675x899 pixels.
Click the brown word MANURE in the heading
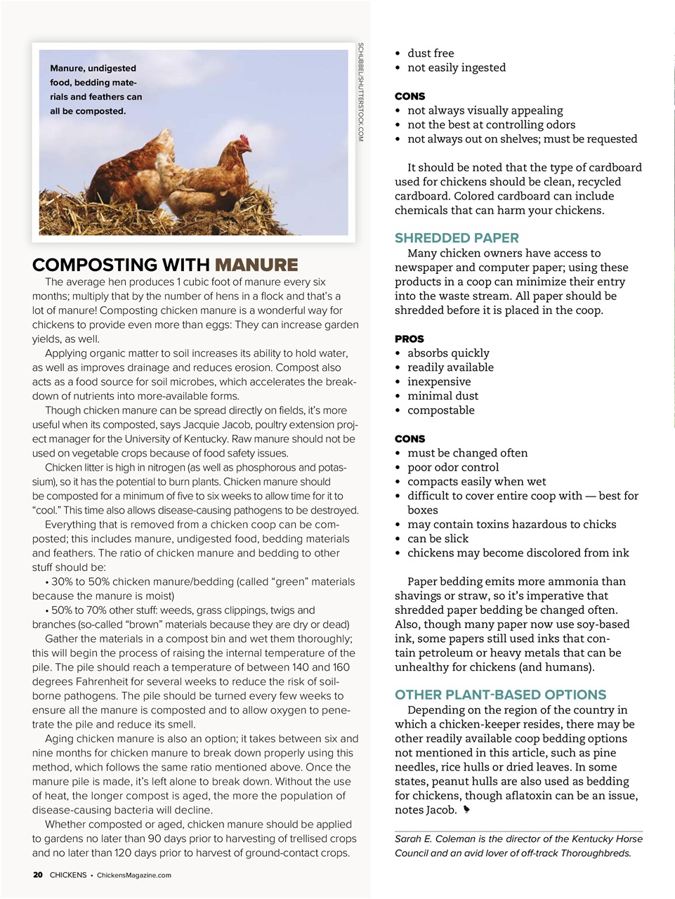(x=256, y=265)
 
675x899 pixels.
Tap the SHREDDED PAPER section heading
(x=457, y=238)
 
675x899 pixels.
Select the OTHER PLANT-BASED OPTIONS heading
(x=500, y=695)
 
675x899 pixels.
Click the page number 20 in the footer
(x=38, y=875)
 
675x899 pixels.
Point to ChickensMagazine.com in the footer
(x=133, y=875)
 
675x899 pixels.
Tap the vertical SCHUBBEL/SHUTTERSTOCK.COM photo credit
(x=360, y=92)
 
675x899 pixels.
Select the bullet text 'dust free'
(x=431, y=53)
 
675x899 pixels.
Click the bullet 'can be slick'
(x=438, y=539)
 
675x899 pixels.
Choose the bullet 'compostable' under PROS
(x=440, y=410)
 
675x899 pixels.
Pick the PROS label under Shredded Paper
(x=409, y=339)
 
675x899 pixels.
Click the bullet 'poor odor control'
(x=453, y=467)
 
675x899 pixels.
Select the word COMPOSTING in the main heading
(x=121, y=265)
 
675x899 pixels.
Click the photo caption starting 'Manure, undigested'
(x=96, y=89)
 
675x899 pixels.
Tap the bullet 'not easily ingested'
(x=456, y=67)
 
